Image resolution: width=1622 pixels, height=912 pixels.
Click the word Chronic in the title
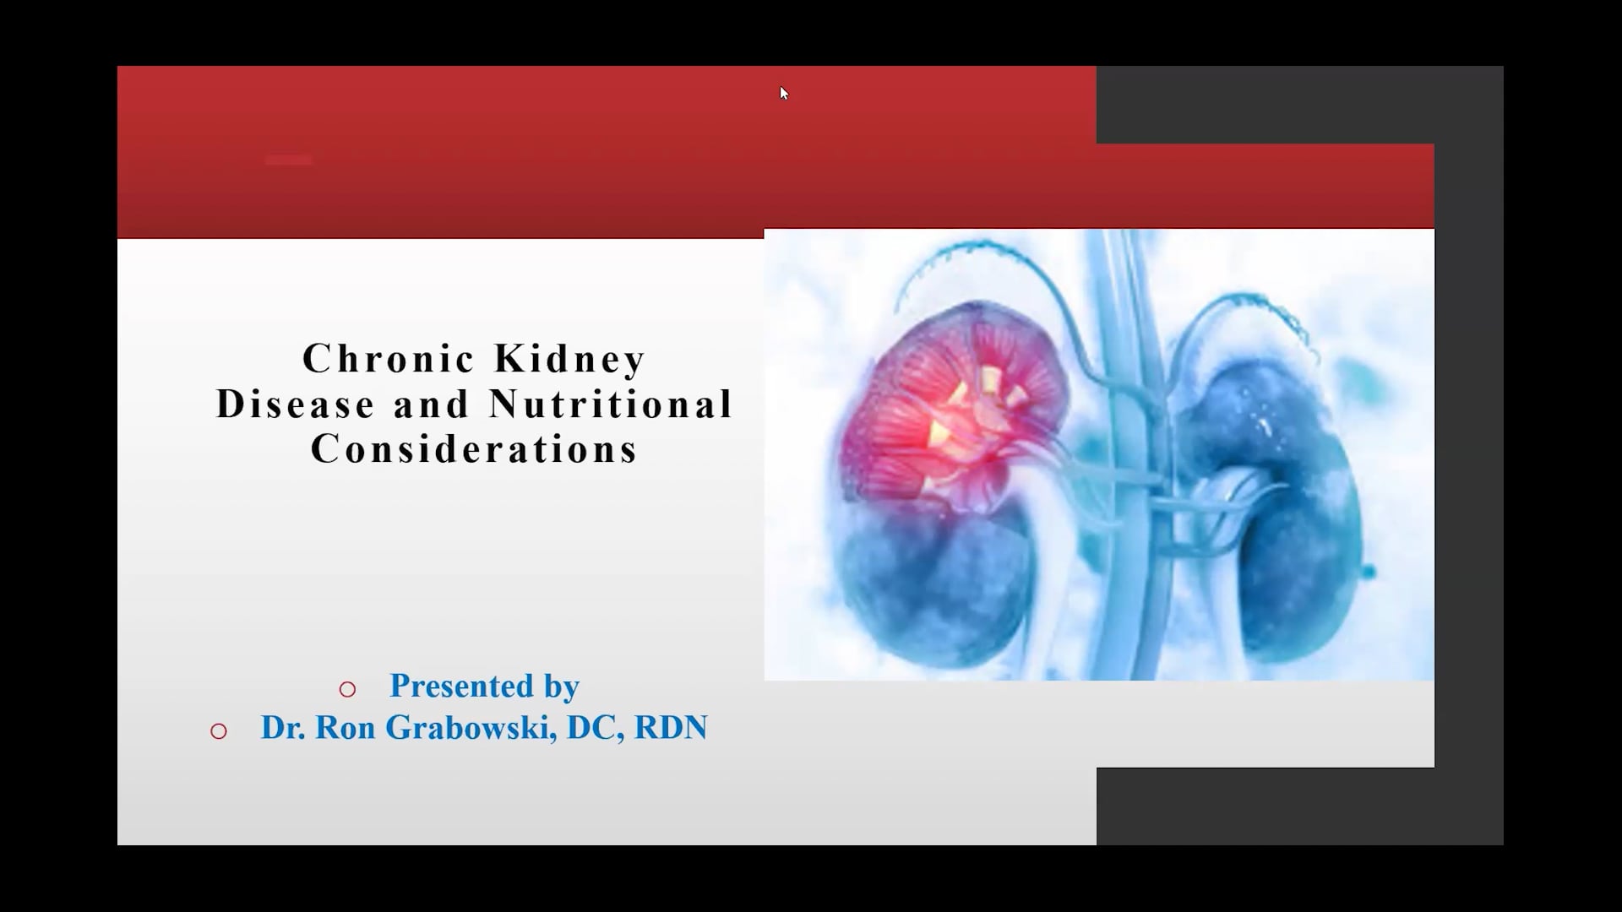[x=386, y=359]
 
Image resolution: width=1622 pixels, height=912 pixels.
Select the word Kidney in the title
[x=570, y=359]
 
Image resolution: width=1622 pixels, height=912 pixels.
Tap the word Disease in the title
[x=296, y=404]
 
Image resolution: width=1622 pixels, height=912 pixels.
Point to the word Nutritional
[x=611, y=404]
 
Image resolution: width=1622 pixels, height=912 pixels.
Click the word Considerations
[x=474, y=448]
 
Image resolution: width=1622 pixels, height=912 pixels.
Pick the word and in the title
[x=432, y=404]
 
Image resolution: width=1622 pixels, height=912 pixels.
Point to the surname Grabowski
[x=470, y=728]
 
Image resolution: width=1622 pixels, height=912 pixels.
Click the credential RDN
[x=671, y=728]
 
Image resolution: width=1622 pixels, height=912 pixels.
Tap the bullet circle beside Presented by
[x=347, y=689]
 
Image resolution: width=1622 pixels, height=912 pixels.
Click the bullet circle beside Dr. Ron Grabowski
[x=219, y=731]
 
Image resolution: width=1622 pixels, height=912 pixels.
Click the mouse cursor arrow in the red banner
[x=783, y=92]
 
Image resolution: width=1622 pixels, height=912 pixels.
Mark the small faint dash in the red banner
[x=288, y=160]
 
